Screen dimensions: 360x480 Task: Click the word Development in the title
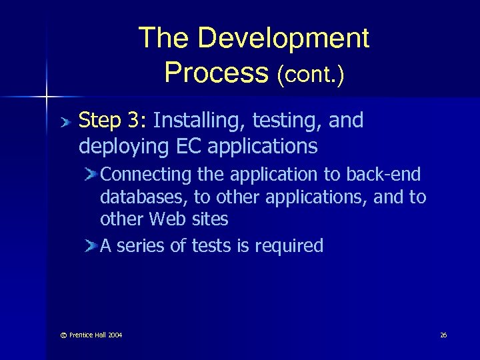click(x=283, y=39)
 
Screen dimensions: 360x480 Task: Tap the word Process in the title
click(x=215, y=71)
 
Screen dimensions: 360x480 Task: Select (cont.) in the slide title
click(x=311, y=73)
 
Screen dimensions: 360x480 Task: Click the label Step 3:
click(x=113, y=121)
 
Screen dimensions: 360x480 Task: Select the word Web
click(x=168, y=219)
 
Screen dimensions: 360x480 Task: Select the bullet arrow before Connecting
click(x=91, y=175)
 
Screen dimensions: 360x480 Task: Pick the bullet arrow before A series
click(x=91, y=247)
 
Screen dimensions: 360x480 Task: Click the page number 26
click(x=443, y=335)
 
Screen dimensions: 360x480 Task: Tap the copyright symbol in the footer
click(x=55, y=335)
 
